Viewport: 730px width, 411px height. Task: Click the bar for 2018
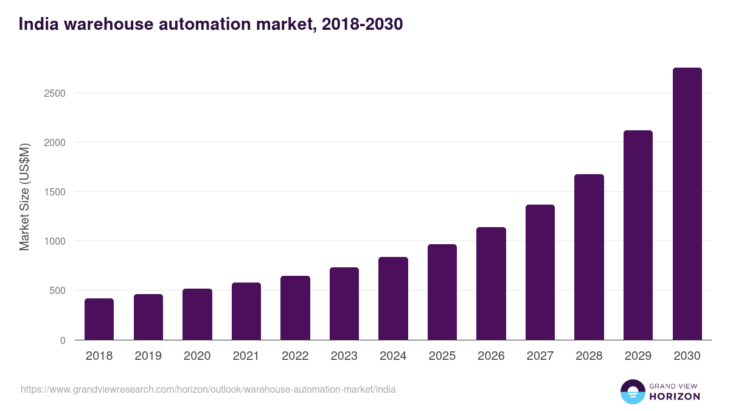point(99,319)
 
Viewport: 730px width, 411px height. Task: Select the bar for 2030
point(687,204)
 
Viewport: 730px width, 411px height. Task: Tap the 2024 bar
point(393,298)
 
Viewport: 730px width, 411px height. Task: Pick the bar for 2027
point(540,272)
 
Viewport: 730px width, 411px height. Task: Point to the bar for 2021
point(246,311)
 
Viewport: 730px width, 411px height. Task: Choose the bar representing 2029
point(638,235)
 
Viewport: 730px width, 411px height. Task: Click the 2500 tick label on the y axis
point(54,93)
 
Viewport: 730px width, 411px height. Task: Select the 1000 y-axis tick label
point(54,241)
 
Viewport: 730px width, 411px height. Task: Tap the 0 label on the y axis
point(63,340)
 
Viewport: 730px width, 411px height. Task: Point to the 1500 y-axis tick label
point(54,192)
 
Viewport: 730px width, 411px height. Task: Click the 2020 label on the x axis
point(197,356)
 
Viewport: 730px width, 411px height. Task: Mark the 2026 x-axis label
point(491,356)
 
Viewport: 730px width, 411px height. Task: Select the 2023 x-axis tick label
point(344,356)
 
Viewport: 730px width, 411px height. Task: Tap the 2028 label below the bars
point(589,356)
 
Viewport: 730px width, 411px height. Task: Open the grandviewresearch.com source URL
point(208,389)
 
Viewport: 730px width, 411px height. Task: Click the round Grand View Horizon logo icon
point(632,392)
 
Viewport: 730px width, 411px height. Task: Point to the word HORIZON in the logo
point(675,396)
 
